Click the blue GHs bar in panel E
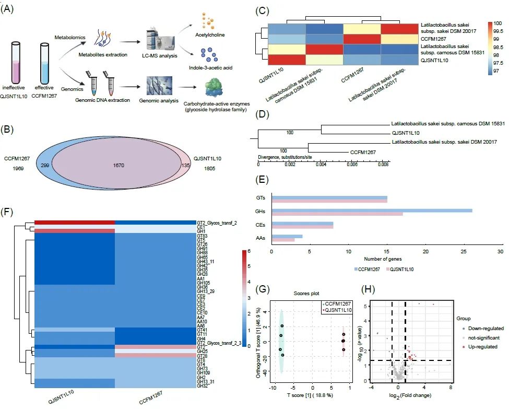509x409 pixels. tap(371, 211)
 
